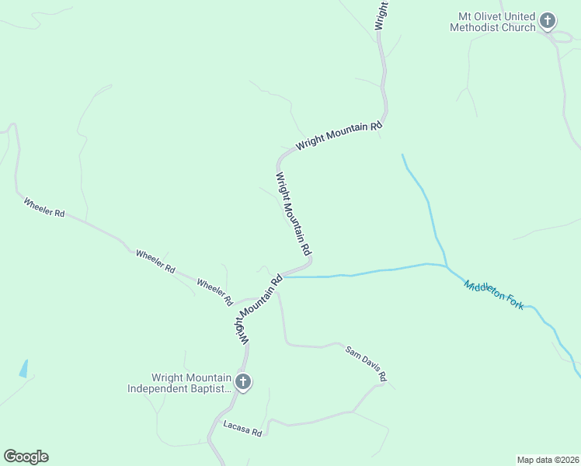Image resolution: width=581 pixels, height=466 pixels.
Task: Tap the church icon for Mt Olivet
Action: point(548,21)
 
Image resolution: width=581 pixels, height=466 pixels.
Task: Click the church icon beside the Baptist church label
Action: point(243,382)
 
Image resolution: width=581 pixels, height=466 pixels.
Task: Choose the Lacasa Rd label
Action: point(242,428)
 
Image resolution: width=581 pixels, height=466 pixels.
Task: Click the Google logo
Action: point(26,457)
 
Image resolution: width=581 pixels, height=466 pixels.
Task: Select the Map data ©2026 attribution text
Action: point(548,460)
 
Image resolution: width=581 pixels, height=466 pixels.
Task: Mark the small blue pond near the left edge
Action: point(24,368)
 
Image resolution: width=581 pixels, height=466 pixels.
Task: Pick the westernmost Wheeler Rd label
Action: point(44,207)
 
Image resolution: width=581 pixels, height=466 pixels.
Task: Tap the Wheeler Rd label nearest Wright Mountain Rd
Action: point(215,291)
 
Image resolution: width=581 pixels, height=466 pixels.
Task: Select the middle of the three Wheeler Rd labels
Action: point(155,261)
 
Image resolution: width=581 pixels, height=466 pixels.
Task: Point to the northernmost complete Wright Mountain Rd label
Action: point(339,137)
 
